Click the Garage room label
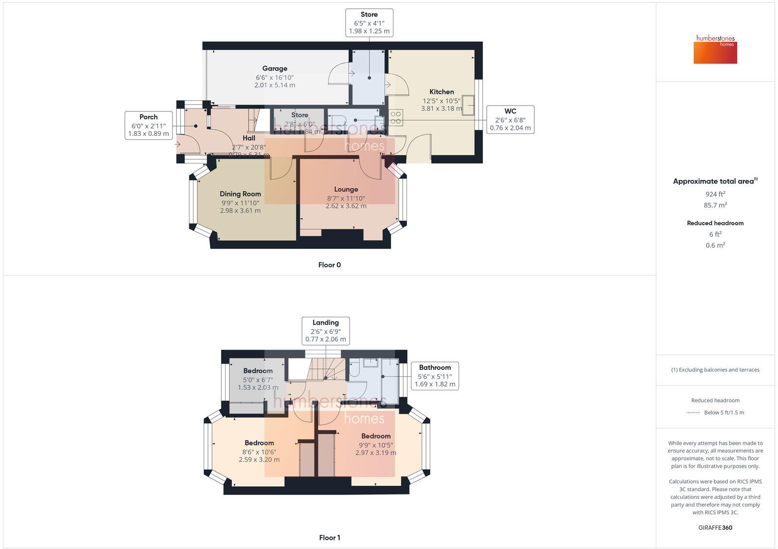(x=275, y=69)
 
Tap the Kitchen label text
(x=442, y=92)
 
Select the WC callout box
(x=510, y=120)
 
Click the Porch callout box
(x=148, y=125)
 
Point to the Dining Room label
(x=240, y=194)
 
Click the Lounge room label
(x=346, y=189)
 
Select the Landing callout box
(x=325, y=330)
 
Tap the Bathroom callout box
(x=435, y=376)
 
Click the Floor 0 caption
(x=329, y=265)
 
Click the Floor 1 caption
(x=329, y=537)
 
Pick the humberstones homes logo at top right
(x=715, y=49)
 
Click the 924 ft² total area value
(x=715, y=194)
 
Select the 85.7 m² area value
(x=715, y=205)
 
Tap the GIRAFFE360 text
(x=715, y=528)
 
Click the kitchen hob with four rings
(x=396, y=117)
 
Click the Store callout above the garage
(x=369, y=22)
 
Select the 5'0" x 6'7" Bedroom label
(x=258, y=371)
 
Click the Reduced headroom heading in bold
(x=715, y=223)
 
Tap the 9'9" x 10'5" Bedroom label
(x=376, y=436)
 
